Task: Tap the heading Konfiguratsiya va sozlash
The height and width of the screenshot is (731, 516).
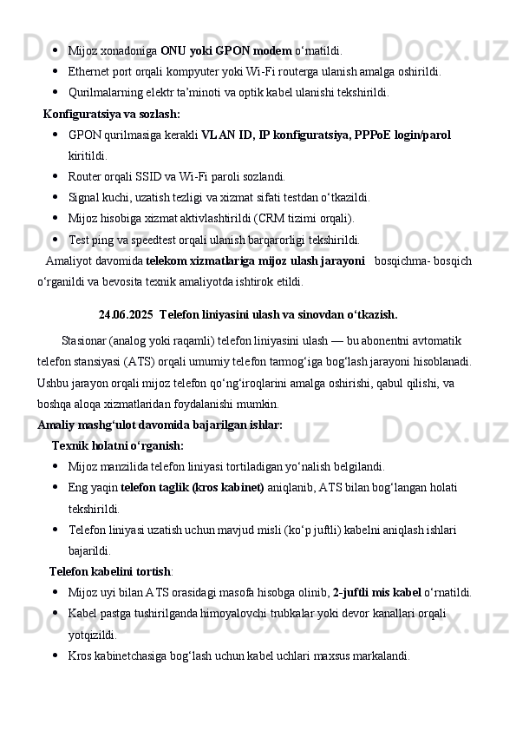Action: pos(111,114)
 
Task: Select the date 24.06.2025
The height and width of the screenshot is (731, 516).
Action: pos(126,313)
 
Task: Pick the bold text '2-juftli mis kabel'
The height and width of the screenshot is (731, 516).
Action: pos(376,593)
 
